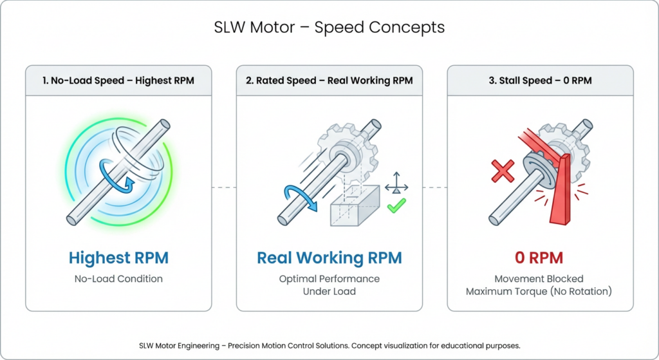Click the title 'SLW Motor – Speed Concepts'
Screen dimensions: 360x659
(329, 28)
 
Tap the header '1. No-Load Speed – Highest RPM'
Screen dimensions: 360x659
(118, 81)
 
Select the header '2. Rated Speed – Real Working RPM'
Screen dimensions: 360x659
(329, 81)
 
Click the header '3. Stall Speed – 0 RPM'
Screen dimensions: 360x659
(540, 81)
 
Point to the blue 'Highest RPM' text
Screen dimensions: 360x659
(118, 258)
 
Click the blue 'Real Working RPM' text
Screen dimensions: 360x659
(329, 258)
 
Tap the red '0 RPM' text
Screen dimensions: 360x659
(539, 258)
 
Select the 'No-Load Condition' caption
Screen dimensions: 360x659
(118, 279)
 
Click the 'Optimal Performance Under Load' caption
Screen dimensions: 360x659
(329, 285)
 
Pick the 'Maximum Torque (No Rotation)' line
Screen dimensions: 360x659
(539, 291)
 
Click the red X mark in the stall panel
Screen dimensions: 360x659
(503, 171)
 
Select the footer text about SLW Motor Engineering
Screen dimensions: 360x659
(329, 345)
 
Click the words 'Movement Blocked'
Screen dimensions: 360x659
(539, 279)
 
